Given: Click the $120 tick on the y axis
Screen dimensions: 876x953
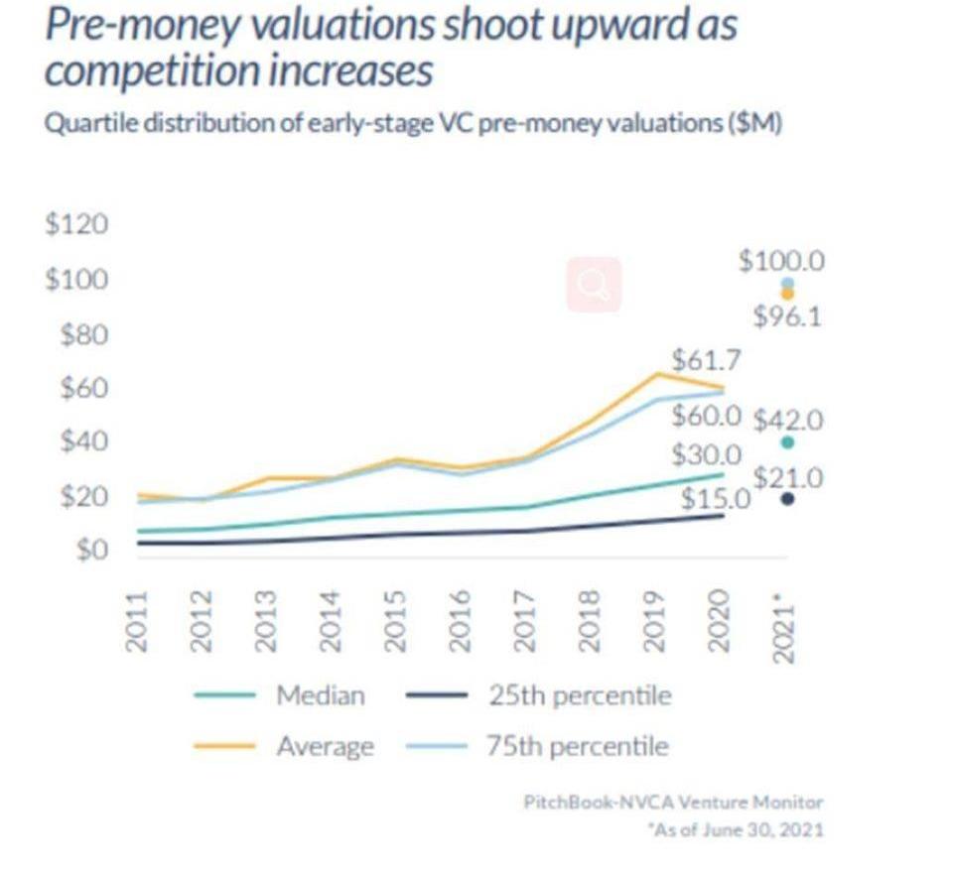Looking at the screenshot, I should pos(75,224).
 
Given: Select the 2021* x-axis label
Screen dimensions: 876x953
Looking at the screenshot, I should pos(784,622).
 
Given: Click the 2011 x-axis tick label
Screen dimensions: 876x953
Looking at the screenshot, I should pos(137,622).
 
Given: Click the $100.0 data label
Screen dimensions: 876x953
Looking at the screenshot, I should pos(782,262).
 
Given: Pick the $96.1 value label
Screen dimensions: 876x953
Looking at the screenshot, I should pos(786,317).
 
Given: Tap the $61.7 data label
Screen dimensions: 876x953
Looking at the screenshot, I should pos(706,358).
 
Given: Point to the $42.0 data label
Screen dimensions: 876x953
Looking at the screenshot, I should pos(788,420).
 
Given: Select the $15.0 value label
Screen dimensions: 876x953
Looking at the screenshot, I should pos(714,499).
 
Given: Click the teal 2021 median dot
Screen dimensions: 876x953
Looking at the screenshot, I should pos(787,442).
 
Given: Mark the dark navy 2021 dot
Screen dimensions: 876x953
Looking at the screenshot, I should pos(787,499).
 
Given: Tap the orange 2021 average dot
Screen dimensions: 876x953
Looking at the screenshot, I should pos(787,294).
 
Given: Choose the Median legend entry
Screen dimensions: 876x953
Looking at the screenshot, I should pos(320,695).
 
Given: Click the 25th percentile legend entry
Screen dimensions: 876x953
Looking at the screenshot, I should pos(579,695).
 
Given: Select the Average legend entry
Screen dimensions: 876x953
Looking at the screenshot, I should pos(325,746).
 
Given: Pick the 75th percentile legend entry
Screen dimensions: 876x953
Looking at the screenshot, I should pos(577,746).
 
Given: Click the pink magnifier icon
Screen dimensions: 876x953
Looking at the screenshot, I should pos(595,285).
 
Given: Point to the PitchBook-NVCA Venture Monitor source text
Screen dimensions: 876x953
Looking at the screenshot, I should pos(673,802).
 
